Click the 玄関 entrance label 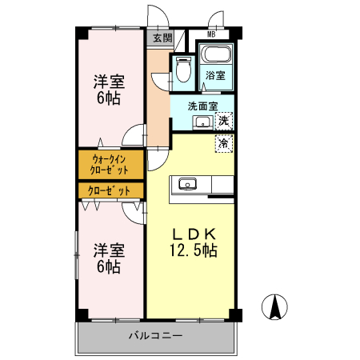click(162, 38)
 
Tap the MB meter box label click(211, 34)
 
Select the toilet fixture click(182, 70)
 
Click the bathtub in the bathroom click(214, 56)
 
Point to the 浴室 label click(214, 75)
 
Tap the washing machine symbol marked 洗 click(225, 121)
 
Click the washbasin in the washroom click(202, 122)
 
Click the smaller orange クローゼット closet click(110, 190)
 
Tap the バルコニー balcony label click(156, 335)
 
